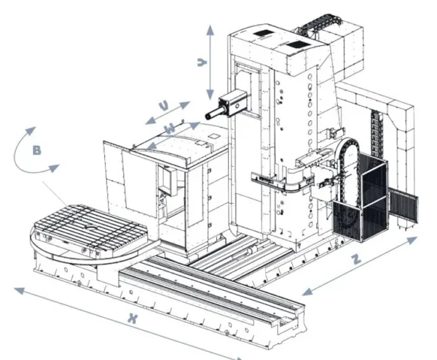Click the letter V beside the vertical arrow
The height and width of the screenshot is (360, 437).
click(x=200, y=63)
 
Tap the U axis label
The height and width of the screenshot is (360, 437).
click(x=164, y=106)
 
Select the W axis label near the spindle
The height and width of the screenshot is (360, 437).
click(x=169, y=129)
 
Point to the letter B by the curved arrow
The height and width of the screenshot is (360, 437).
click(x=36, y=152)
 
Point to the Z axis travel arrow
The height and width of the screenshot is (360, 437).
click(x=361, y=265)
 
